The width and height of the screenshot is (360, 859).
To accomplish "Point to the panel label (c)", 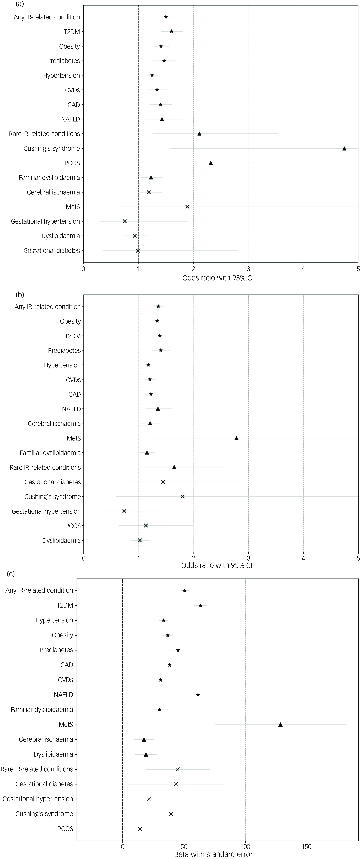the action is (x=11, y=574).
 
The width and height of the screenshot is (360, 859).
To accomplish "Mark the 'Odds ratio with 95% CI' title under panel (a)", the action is (x=218, y=278).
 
